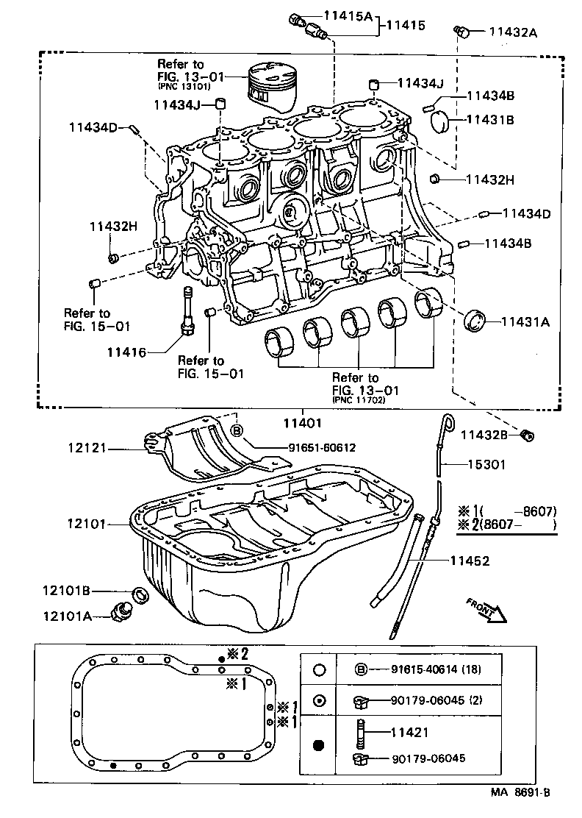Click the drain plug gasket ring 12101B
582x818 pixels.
139,594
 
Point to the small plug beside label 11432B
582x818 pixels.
526,436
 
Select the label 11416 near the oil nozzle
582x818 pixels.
126,353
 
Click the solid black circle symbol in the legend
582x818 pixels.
318,746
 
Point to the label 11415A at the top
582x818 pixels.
348,15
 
